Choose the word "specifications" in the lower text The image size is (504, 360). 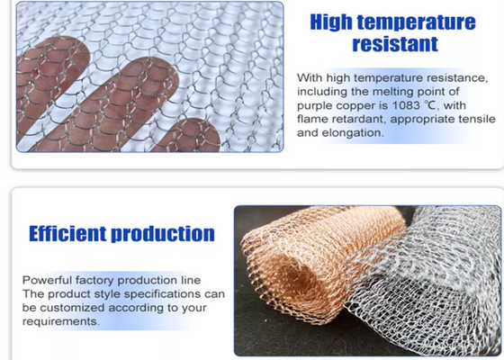tap(150, 293)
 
